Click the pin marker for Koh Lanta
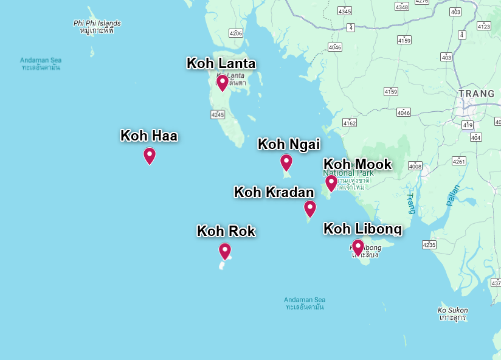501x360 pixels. point(223,82)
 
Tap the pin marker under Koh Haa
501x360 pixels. point(150,156)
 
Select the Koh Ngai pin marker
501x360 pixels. point(286,162)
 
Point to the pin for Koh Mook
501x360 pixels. point(331,182)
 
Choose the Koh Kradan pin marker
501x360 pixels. point(310,209)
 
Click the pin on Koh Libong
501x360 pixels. point(358,247)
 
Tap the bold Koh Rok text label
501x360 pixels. point(226,231)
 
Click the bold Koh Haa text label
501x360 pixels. point(149,136)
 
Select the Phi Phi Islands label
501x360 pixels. point(97,23)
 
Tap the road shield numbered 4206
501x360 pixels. point(236,33)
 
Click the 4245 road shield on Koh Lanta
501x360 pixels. point(218,114)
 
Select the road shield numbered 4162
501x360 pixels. point(349,123)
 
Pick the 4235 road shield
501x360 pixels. point(429,244)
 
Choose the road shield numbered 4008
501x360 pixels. point(415,166)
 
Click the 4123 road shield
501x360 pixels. point(484,26)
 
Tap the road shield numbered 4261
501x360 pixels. point(459,161)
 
